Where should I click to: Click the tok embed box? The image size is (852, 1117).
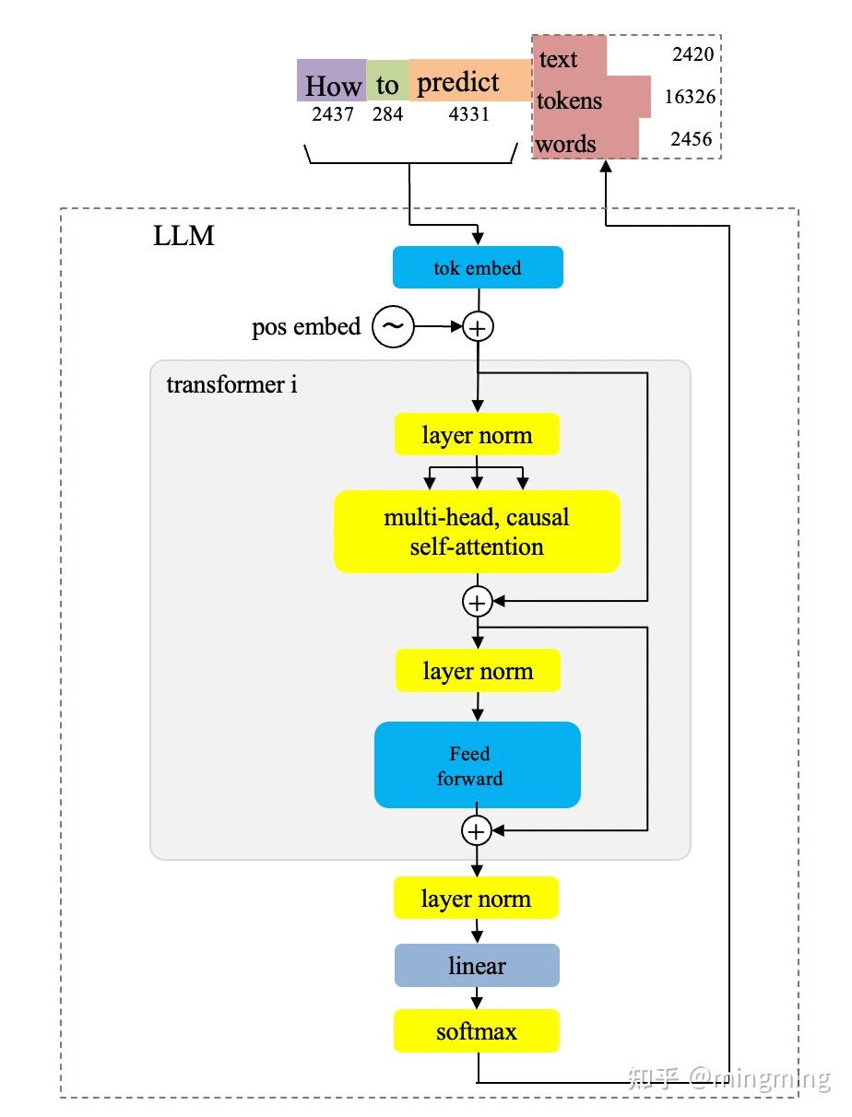477,268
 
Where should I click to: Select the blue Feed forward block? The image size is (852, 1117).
477,765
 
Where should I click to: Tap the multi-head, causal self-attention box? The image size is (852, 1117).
477,532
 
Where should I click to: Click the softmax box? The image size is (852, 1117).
477,1031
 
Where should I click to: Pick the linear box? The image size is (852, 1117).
477,966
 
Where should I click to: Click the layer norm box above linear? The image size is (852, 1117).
477,899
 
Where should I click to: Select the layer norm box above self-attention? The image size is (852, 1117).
477,434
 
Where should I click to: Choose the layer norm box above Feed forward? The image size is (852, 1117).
477,670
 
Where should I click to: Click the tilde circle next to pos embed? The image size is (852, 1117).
393,327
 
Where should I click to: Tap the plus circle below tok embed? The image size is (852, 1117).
478,326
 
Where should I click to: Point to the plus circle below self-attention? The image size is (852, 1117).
477,603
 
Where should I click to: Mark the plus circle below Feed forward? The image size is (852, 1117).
476,831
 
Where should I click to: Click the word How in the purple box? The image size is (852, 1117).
333,86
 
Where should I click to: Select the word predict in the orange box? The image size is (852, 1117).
458,82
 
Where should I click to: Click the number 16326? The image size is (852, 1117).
690,97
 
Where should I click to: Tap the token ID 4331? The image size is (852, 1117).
468,115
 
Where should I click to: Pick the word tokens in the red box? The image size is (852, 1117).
569,100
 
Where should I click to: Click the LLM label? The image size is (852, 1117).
183,236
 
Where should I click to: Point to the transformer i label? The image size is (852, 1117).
231,384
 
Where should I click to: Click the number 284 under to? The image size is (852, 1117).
387,115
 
